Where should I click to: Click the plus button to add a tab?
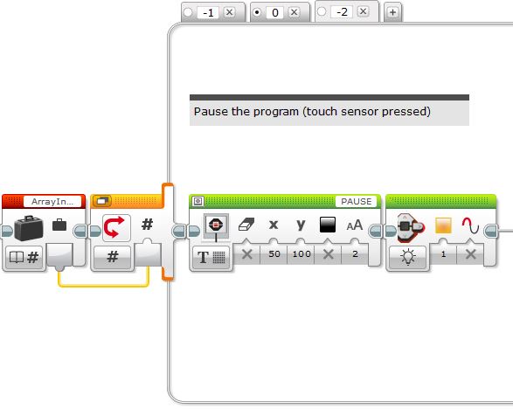(392, 12)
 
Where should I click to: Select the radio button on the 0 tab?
(257, 12)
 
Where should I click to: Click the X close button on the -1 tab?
(229, 12)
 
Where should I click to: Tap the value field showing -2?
(342, 12)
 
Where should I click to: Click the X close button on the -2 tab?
(363, 11)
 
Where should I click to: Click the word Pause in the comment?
(211, 112)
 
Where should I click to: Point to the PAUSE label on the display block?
(356, 201)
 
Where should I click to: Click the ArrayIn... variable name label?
(52, 202)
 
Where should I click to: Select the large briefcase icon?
(29, 228)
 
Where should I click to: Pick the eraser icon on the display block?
(246, 225)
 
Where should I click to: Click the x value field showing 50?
(274, 254)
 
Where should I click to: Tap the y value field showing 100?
(302, 254)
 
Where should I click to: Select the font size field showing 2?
(355, 254)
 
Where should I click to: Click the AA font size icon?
(354, 225)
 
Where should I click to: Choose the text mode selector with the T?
(211, 257)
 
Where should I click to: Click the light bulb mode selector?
(407, 257)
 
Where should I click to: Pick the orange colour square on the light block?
(443, 225)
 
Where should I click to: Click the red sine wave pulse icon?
(470, 225)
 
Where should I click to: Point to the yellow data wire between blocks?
(104, 287)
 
